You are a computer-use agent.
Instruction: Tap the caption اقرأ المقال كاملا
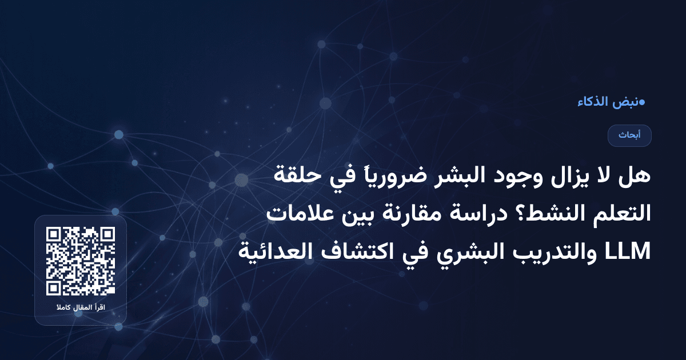tap(81, 309)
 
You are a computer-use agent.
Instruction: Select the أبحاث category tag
tap(629, 135)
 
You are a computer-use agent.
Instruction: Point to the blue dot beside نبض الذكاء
tap(642, 102)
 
